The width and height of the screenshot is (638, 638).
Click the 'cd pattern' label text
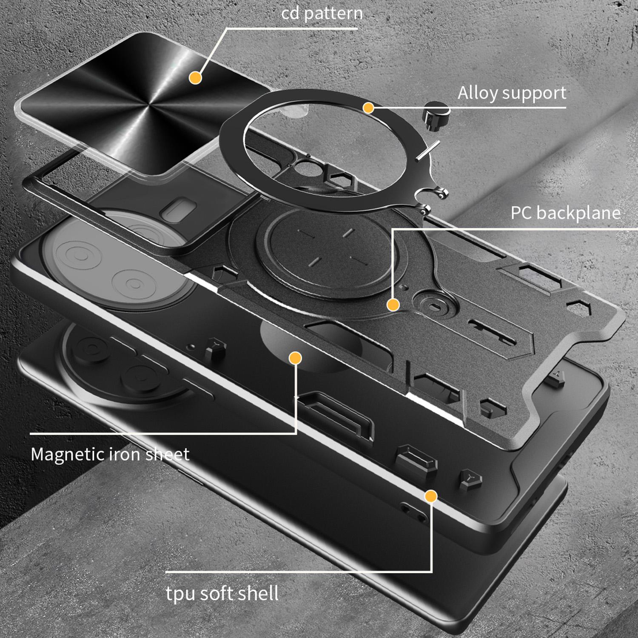[322, 13]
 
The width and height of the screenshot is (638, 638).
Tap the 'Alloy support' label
[512, 93]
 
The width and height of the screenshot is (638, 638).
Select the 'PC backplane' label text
[566, 213]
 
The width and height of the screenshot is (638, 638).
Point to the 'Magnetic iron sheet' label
[110, 454]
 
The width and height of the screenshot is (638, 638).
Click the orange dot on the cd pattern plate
[195, 77]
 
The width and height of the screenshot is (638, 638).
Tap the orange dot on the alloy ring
[368, 108]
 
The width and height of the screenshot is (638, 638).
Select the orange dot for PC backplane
[393, 305]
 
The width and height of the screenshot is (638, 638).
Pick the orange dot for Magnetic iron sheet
[295, 358]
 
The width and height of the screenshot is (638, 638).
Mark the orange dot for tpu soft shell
[431, 496]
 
